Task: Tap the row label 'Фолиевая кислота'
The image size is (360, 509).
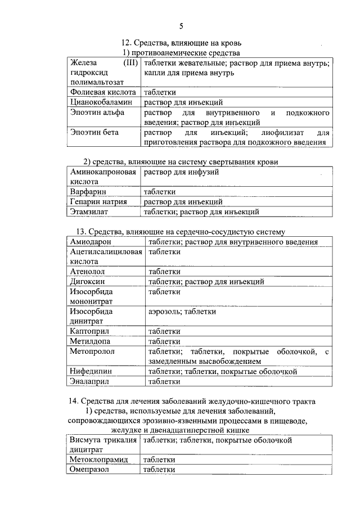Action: click(103, 92)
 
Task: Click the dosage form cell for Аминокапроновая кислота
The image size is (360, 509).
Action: click(182, 172)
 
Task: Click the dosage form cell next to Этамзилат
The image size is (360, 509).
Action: click(201, 212)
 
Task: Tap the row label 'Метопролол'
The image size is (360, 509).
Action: click(92, 351)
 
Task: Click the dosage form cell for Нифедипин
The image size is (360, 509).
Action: click(222, 372)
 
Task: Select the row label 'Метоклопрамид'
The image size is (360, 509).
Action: click(98, 460)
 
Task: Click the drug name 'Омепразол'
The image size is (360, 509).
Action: click(91, 470)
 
